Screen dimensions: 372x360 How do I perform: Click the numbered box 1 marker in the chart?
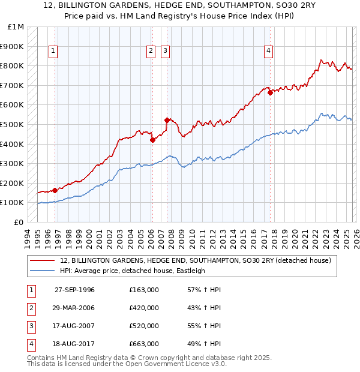coord(53,52)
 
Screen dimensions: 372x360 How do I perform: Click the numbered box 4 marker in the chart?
coord(269,52)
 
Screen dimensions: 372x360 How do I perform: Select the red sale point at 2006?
coord(152,140)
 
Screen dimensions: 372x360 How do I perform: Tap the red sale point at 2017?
coord(271,92)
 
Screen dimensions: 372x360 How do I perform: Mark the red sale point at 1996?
coord(55,190)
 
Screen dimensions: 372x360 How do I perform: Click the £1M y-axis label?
coord(16,27)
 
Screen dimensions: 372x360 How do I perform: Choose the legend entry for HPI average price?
coord(132,271)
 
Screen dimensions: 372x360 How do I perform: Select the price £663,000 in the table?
coord(144,344)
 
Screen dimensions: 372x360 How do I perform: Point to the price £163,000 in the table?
coord(144,290)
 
